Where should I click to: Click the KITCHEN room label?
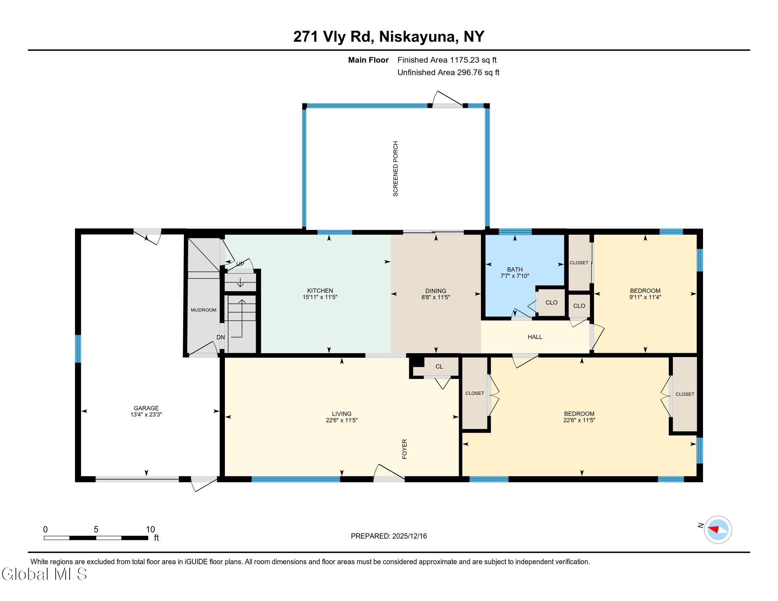(x=320, y=291)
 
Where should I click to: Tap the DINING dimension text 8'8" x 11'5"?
(x=435, y=297)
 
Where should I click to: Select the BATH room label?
(x=515, y=269)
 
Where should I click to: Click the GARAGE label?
(x=146, y=408)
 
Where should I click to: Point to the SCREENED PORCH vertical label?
(x=395, y=169)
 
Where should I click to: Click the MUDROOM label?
(x=203, y=310)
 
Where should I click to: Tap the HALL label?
(x=535, y=337)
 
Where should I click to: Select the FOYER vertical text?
(x=404, y=449)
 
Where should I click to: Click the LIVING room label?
(x=341, y=414)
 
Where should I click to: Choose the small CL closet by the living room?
(x=439, y=367)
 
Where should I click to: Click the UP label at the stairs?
(x=240, y=264)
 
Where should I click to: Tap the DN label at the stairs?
(x=221, y=337)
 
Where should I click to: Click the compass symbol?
(x=718, y=530)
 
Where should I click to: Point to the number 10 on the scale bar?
(x=150, y=530)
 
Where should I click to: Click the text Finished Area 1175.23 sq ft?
(x=447, y=60)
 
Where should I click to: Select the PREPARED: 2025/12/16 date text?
(x=389, y=536)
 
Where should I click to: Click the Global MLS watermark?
(x=44, y=574)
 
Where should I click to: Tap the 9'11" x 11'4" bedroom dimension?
(x=645, y=297)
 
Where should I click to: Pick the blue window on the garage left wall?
(x=78, y=349)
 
